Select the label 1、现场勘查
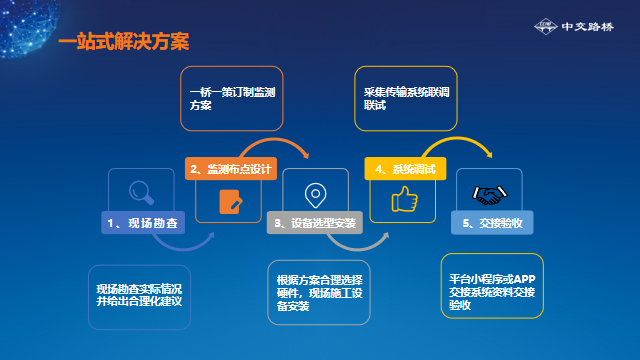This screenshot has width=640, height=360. tap(144, 222)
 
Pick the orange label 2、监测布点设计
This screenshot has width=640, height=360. tap(231, 170)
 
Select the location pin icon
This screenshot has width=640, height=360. tap(314, 192)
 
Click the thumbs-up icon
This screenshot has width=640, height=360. tap(404, 200)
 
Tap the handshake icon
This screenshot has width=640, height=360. tap(487, 192)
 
